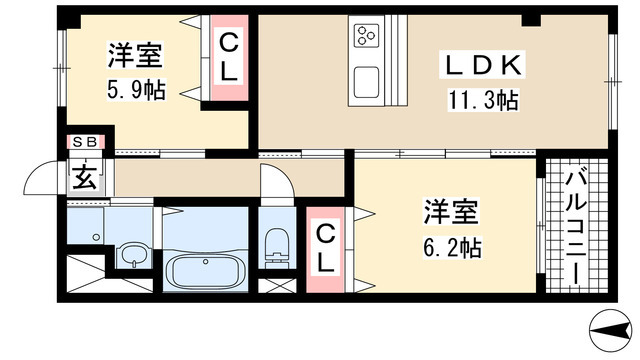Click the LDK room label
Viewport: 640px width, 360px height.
(x=482, y=65)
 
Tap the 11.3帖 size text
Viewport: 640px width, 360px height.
(x=483, y=100)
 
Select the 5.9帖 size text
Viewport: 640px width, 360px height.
(x=136, y=90)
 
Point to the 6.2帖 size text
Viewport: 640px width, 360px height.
(x=452, y=247)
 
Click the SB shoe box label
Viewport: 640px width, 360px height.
(x=85, y=142)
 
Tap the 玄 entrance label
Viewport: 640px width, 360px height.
(x=85, y=176)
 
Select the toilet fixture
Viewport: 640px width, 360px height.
(x=276, y=248)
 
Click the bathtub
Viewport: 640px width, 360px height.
(x=205, y=270)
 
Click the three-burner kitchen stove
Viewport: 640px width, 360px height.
(x=366, y=36)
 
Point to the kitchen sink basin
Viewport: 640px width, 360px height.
(x=366, y=82)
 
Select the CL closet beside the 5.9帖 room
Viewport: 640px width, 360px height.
(x=229, y=58)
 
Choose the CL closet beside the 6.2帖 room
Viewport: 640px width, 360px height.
(x=325, y=250)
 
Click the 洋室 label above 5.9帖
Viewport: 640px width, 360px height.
(x=135, y=55)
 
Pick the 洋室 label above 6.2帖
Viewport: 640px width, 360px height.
(x=451, y=212)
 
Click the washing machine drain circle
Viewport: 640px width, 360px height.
(x=96, y=237)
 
